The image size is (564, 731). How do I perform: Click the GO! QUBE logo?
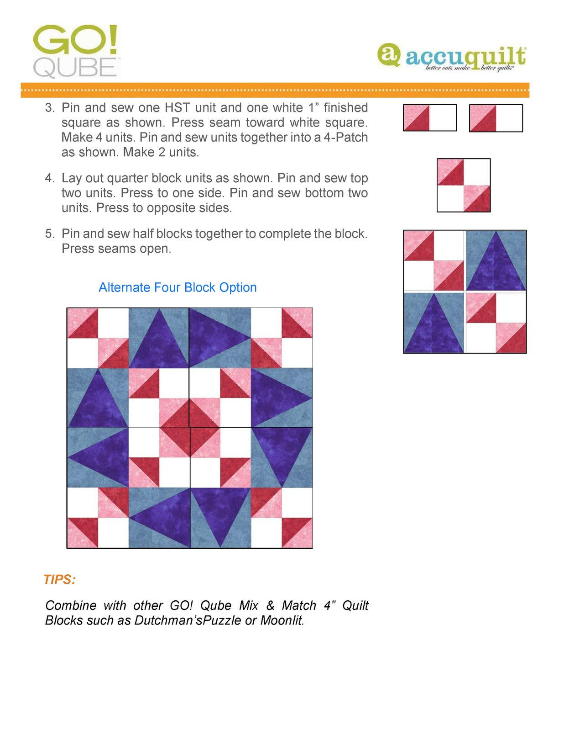(76, 51)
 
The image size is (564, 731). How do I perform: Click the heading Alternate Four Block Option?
(178, 287)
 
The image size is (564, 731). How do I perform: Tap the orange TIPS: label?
(59, 580)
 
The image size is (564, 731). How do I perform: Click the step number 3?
(49, 108)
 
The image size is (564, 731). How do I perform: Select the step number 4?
(49, 178)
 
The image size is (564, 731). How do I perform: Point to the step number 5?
(49, 234)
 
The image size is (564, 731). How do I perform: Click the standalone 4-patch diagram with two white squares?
(464, 185)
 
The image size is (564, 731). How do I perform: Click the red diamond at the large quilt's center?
(190, 428)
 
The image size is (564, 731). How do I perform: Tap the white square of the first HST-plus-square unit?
(443, 118)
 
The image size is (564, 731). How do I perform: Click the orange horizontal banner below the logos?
(275, 90)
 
